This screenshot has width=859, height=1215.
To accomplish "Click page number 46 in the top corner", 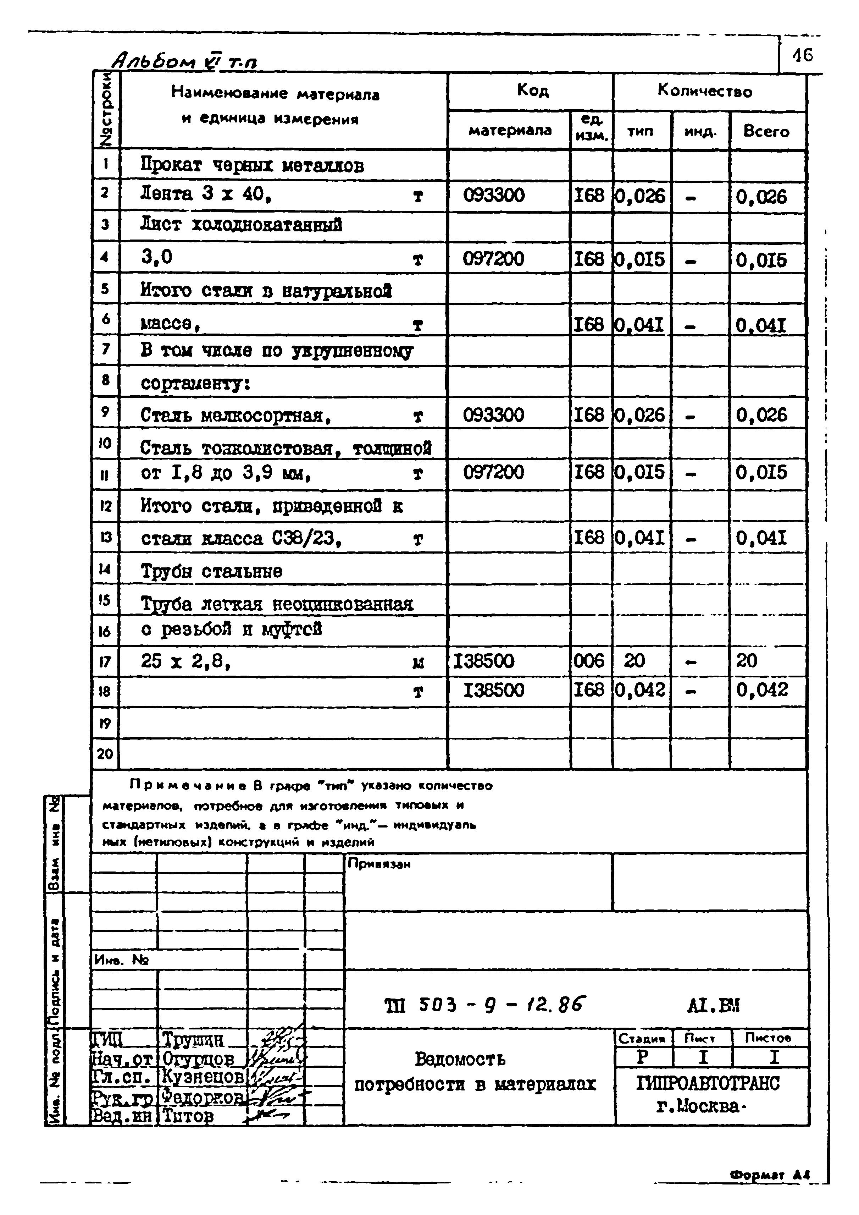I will point(802,55).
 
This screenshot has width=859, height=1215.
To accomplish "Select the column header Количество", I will point(705,91).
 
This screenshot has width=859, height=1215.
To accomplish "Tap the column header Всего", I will point(766,131).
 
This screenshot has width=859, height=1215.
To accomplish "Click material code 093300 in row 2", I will point(494,196).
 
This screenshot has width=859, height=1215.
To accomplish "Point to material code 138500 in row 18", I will point(494,691).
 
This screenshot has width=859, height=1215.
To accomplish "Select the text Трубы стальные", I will point(212,571).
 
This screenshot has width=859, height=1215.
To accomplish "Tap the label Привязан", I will point(379,864).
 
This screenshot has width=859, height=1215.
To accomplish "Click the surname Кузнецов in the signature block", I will point(202,1076).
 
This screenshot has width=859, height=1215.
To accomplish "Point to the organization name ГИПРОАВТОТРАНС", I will point(708,1083).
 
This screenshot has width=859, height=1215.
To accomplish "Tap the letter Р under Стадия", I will point(642,1057).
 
